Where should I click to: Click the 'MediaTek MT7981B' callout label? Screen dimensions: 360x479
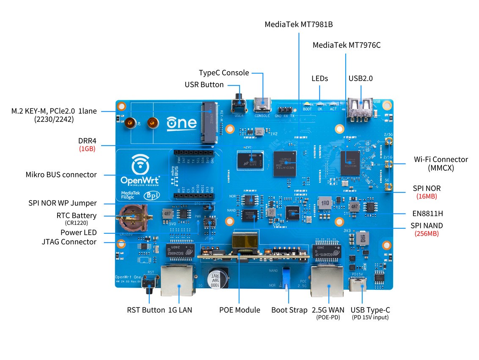(299, 24)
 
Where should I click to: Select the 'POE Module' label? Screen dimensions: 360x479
(239, 310)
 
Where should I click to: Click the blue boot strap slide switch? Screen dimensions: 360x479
(286, 277)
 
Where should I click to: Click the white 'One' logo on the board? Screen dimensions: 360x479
(182, 123)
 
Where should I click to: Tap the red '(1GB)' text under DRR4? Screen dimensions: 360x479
(87, 149)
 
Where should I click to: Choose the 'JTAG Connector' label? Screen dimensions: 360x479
(69, 242)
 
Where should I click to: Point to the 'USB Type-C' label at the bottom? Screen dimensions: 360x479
(370, 310)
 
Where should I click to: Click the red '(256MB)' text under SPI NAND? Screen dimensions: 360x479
(427, 233)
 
